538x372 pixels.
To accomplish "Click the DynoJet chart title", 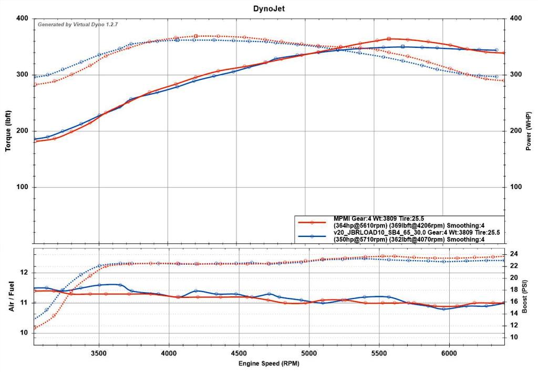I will [x=268, y=8].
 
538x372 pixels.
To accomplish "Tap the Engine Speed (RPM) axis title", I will [x=268, y=363].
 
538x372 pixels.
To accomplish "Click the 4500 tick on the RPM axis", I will [x=239, y=354].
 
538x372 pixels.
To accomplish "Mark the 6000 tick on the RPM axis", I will [x=450, y=354].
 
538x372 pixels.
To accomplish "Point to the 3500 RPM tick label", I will [x=99, y=354].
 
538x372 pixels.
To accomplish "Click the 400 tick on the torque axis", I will [x=22, y=18].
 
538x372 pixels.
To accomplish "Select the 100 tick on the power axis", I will [x=514, y=188].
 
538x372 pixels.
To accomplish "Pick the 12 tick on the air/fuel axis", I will [x=23, y=272].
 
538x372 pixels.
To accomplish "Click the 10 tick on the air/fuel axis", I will [x=23, y=333].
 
